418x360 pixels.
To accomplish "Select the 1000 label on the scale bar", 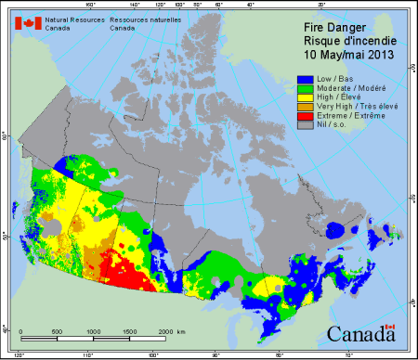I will (94, 331).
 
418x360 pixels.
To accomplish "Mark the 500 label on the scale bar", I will (57, 331).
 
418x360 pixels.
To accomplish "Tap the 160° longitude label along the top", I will (89, 5).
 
